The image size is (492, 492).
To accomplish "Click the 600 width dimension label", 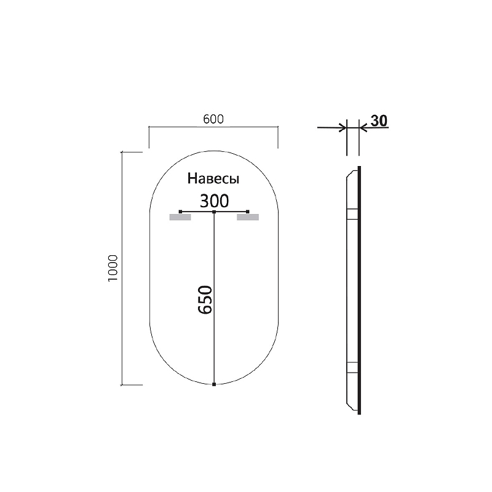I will pos(212,119).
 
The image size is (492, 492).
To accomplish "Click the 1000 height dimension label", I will pos(113,268).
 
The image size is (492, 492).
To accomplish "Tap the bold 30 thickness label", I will pos(379,121).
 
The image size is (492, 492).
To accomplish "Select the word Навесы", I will pos(213,180).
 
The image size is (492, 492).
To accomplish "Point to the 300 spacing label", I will pos(214,200).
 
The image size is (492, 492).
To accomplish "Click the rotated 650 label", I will pos(205,300).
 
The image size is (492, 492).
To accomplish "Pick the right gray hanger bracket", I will pos(248,217).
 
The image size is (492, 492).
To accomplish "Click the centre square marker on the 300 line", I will pos(213,212).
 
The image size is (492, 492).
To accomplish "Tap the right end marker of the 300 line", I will pos(248,212).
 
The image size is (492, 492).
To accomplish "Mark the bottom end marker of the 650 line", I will pos(213,384).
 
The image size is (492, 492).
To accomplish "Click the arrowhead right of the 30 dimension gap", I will pos(363,128).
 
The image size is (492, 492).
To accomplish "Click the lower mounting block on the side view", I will pos(352,367).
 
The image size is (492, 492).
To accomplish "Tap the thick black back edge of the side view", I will pos(360,289).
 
